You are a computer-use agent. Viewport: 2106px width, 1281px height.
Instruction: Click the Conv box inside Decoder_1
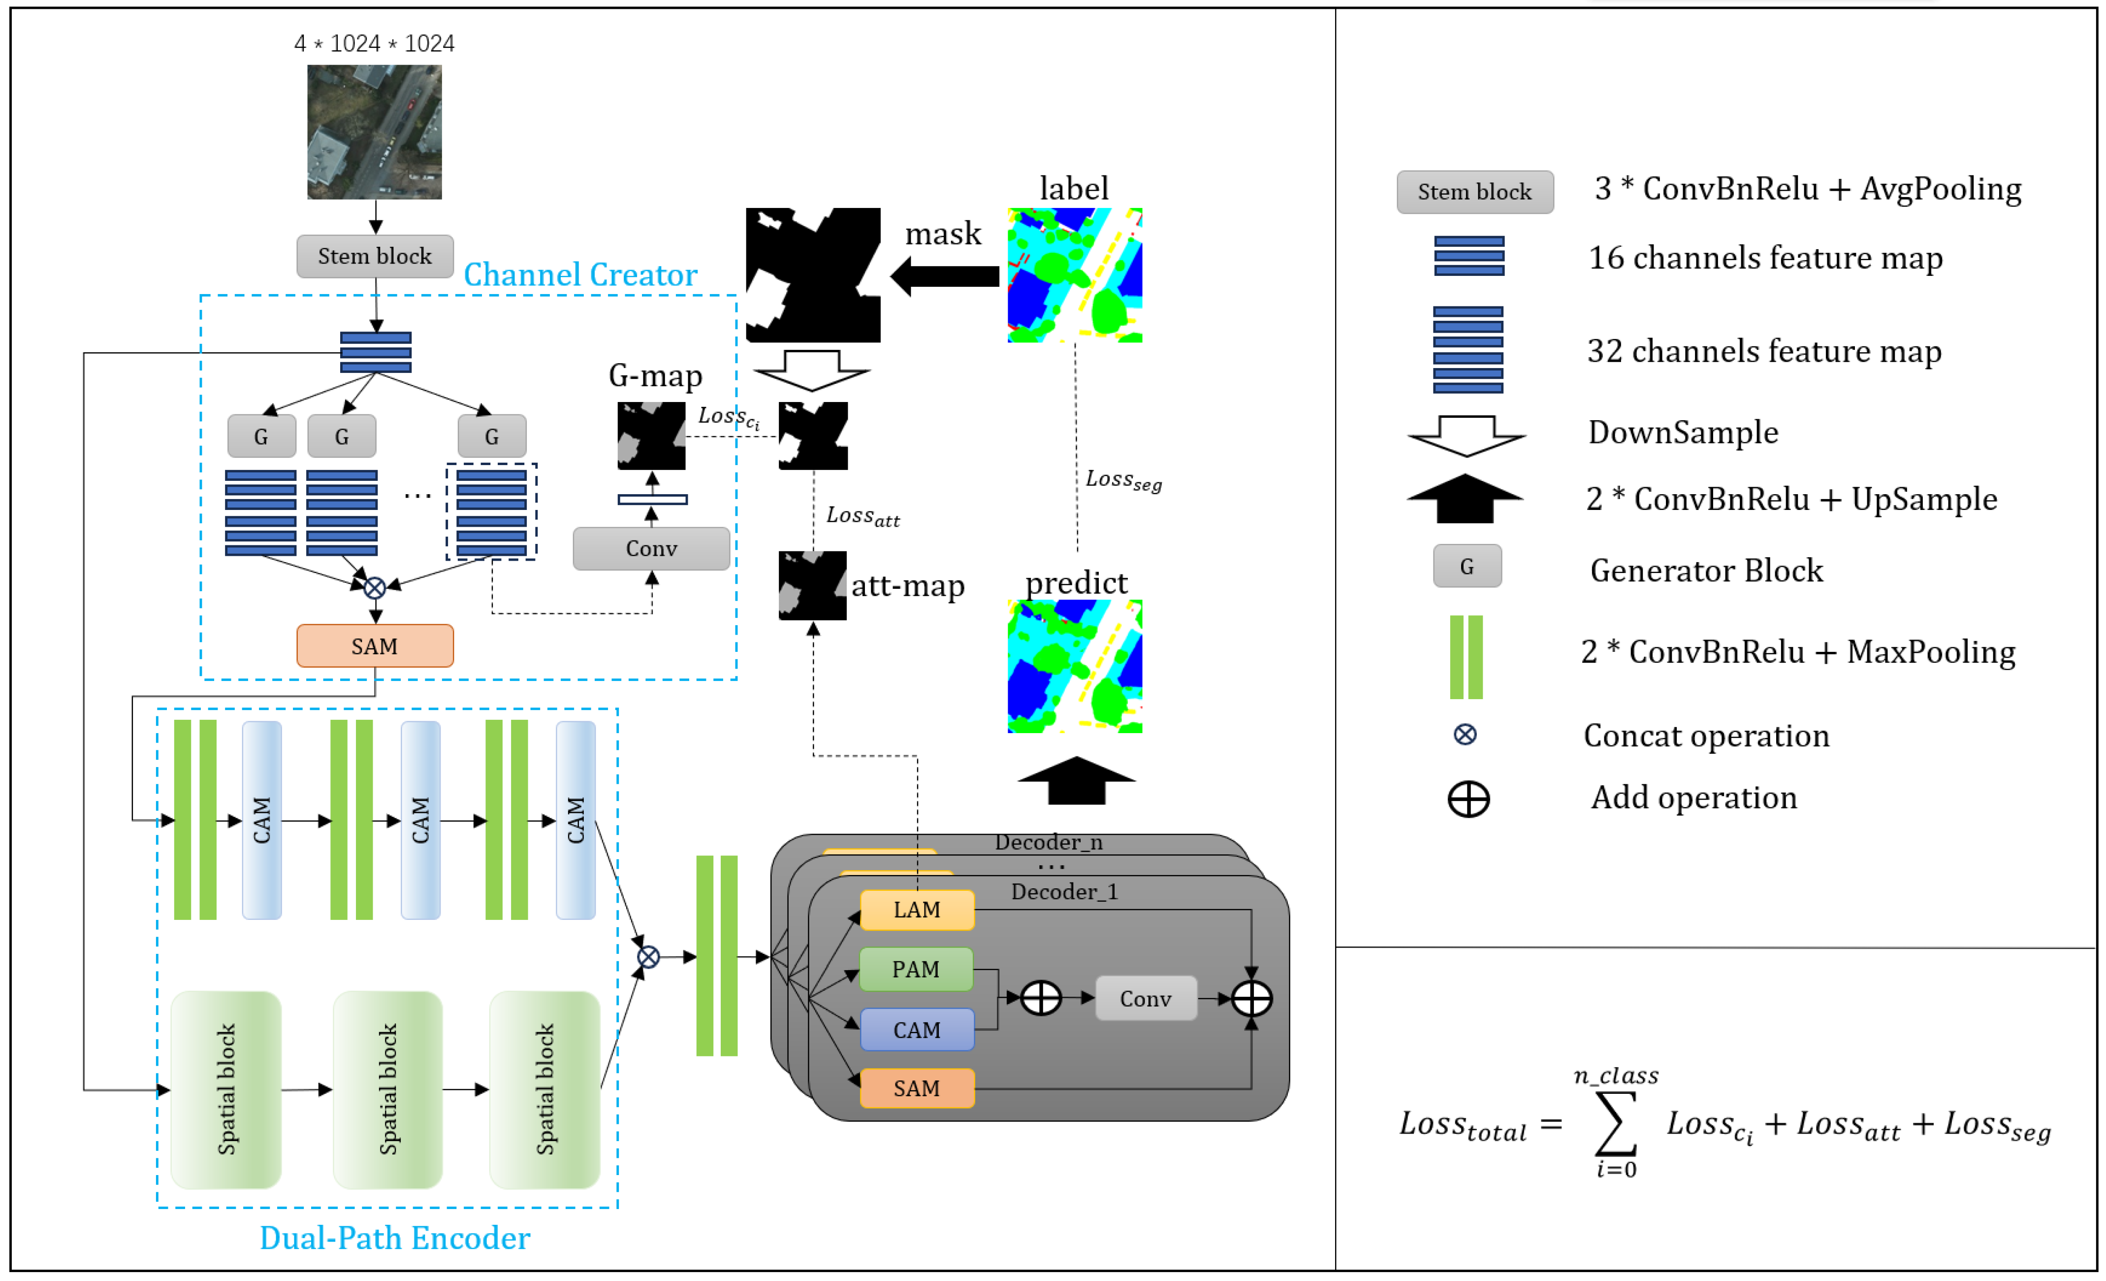tap(1146, 998)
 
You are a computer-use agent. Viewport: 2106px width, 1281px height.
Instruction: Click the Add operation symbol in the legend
tap(1468, 800)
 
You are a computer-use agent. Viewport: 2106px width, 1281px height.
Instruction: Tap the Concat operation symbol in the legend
tap(1465, 735)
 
